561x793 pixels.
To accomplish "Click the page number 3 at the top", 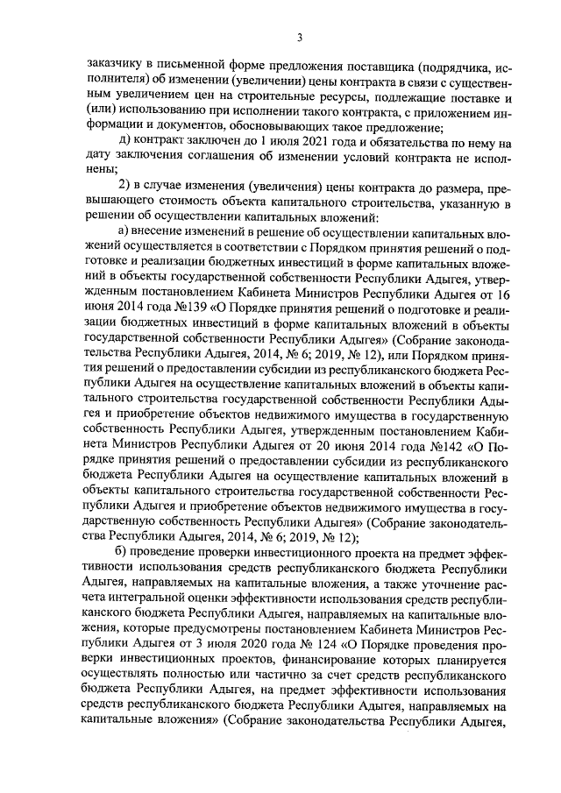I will pyautogui.click(x=299, y=36).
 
